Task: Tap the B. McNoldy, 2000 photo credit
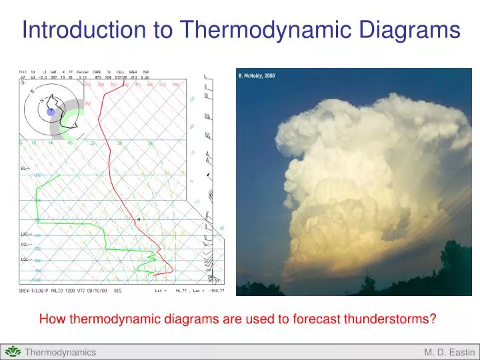257,76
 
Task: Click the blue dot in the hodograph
51,111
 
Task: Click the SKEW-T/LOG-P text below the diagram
36,291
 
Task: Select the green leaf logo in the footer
12,351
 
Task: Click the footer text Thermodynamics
60,352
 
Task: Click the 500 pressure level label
37,220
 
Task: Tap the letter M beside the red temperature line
139,219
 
